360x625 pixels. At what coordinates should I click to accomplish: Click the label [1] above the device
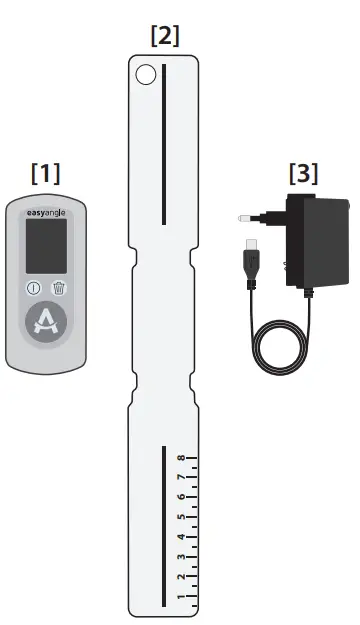(x=45, y=172)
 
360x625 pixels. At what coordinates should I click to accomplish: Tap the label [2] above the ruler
(x=164, y=36)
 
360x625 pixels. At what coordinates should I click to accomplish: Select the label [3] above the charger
(x=304, y=172)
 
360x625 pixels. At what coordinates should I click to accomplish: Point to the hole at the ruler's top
(x=146, y=73)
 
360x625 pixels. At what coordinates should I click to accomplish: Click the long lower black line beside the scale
(x=163, y=525)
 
